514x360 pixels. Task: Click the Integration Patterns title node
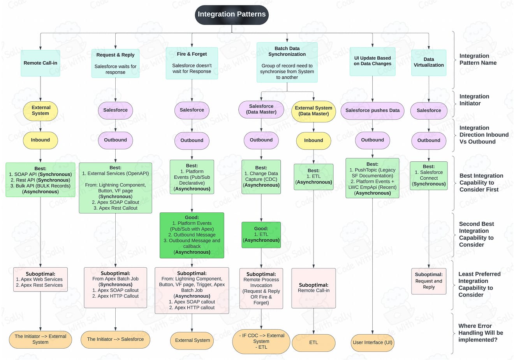pos(232,15)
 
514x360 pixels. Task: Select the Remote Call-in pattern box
pos(40,63)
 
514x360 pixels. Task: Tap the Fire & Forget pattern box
pos(192,63)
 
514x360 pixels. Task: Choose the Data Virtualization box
pos(429,62)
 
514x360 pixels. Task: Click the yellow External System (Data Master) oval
pos(313,111)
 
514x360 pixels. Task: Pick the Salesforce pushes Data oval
pos(372,110)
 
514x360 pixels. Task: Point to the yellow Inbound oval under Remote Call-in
pos(40,140)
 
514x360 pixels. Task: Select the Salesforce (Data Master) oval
pos(261,109)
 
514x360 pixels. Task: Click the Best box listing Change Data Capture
pos(261,176)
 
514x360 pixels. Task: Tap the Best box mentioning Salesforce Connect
pos(429,175)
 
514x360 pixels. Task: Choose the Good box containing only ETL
pos(261,235)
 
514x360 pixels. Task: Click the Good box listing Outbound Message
pos(192,235)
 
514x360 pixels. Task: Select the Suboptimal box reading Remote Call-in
pos(313,288)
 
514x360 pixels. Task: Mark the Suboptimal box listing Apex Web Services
pos(40,279)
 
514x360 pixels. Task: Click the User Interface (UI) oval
pos(372,342)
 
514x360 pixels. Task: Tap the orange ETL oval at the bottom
pos(313,342)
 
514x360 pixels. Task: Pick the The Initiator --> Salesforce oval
pos(115,339)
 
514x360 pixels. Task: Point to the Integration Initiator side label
pos(474,100)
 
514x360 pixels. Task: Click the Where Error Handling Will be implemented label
pos(481,333)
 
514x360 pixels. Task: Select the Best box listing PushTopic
pos(372,178)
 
